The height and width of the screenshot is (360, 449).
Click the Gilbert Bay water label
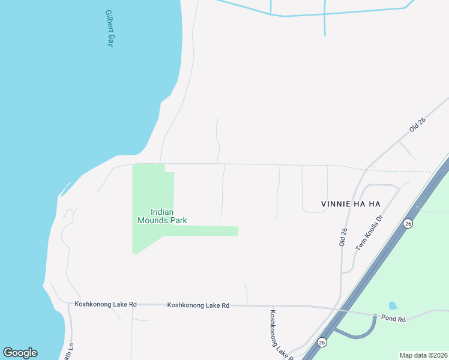pyautogui.click(x=109, y=28)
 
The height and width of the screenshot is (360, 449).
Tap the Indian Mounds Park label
pyautogui.click(x=162, y=216)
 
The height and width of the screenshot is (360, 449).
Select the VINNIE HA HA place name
pyautogui.click(x=336, y=204)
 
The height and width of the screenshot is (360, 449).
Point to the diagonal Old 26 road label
pyautogui.click(x=417, y=124)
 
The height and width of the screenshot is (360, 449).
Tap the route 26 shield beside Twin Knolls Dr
pyautogui.click(x=408, y=223)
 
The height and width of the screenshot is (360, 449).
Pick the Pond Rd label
pyautogui.click(x=394, y=318)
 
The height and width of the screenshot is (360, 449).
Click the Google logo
pyautogui.click(x=20, y=353)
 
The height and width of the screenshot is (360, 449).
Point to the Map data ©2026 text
pyautogui.click(x=423, y=355)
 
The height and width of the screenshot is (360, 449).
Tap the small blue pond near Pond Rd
pyautogui.click(x=393, y=306)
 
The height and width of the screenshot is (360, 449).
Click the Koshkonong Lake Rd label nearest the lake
pyautogui.click(x=106, y=305)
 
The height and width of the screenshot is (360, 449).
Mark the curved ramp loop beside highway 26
pyautogui.click(x=360, y=333)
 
